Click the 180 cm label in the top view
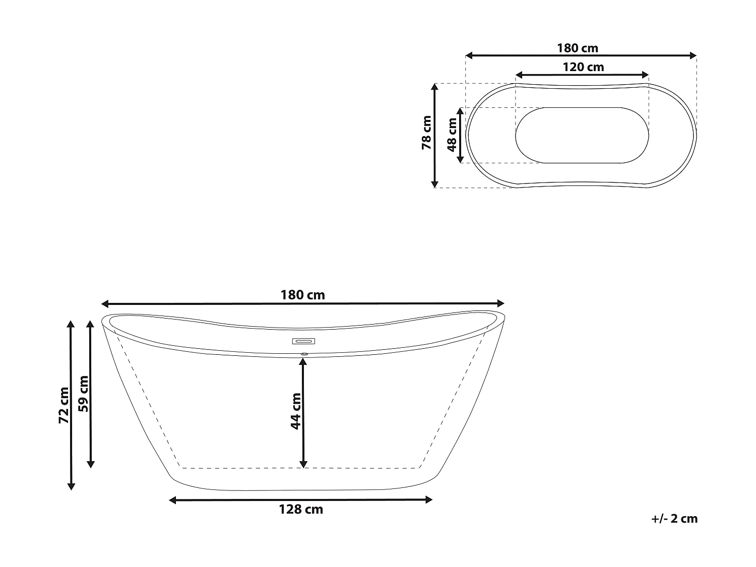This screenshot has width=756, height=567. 578,48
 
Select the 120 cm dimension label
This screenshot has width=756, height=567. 583,67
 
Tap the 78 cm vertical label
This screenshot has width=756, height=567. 426,133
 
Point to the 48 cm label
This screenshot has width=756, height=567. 452,135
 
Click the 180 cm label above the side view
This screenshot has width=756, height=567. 302,295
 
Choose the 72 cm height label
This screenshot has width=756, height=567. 64,405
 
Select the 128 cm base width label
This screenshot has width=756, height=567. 301,510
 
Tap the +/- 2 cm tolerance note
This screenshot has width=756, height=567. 674,519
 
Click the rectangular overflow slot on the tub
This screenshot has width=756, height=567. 303,341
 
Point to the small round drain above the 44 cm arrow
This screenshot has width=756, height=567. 303,354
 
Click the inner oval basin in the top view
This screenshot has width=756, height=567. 582,135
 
